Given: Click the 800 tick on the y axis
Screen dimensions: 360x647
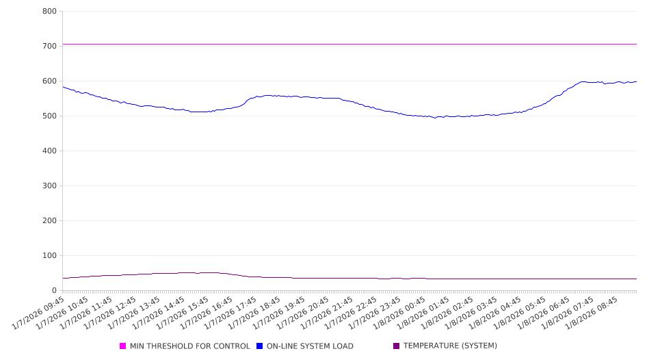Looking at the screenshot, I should (x=49, y=12).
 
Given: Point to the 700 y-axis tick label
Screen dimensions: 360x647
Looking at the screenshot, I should (x=49, y=47).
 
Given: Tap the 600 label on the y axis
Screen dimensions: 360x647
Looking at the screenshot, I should (x=49, y=81).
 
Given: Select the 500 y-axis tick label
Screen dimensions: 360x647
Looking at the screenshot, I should (x=49, y=116).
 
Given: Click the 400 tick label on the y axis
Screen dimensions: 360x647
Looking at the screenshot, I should (x=49, y=151).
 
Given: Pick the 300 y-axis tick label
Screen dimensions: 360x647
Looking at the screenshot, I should (x=49, y=186).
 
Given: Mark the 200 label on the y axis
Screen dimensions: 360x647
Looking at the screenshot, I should (x=49, y=221).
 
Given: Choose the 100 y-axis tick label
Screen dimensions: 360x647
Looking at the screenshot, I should (x=49, y=256).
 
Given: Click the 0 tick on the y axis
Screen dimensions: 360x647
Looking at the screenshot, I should (x=53, y=291).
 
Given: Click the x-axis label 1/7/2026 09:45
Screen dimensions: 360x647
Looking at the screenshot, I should (x=40, y=312).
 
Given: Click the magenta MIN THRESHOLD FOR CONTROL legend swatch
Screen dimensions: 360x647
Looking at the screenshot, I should (x=123, y=346).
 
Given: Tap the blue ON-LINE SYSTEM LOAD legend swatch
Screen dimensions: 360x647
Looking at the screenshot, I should (x=260, y=346).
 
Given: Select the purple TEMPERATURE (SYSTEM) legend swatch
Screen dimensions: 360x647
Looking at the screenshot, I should (x=397, y=346).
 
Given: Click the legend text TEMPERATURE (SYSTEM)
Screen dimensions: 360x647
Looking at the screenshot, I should (x=450, y=346).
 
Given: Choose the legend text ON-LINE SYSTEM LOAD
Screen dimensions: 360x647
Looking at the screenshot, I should (x=310, y=346).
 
